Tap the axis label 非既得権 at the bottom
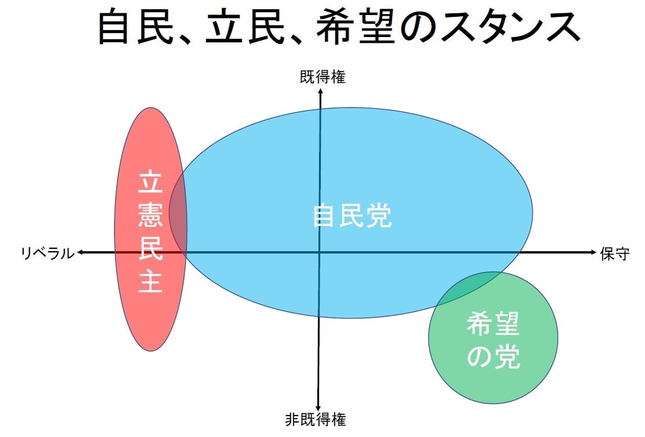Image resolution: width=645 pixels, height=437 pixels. tap(316, 419)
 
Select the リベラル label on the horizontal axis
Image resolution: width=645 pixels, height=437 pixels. tap(47, 253)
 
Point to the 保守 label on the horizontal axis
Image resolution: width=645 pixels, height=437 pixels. tap(615, 254)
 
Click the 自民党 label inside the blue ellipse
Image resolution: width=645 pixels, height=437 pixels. tap(352, 216)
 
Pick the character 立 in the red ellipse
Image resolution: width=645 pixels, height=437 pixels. tap(151, 183)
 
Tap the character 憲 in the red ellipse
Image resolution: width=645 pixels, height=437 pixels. tap(151, 216)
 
